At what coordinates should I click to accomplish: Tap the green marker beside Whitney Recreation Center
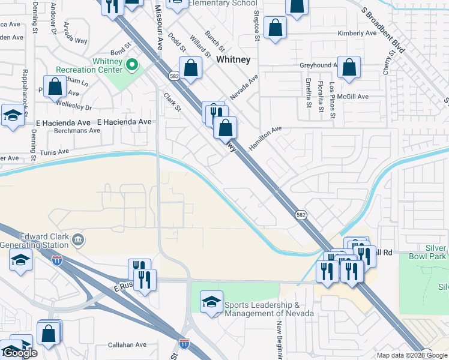(x=131, y=63)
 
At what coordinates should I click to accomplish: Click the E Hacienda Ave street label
(x=124, y=122)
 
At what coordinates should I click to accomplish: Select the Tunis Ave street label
(x=56, y=153)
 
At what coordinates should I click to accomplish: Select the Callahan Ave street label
(x=127, y=345)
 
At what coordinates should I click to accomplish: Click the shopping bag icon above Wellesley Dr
(x=55, y=86)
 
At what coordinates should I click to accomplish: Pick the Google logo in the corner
(x=20, y=353)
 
